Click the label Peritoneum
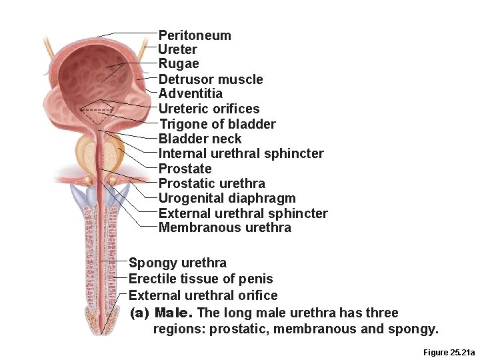195,35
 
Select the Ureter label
177,49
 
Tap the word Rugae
179,64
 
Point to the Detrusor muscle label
211,79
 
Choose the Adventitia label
190,93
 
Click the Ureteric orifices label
209,109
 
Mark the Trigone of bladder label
217,124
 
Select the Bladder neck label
200,139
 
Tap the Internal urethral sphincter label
241,153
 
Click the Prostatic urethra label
211,183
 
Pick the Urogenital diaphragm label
227,198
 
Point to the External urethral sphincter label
243,213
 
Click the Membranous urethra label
225,228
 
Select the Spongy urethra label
177,263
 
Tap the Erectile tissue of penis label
201,279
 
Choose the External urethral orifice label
203,295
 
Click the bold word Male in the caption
173,313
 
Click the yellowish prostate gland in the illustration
87,150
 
